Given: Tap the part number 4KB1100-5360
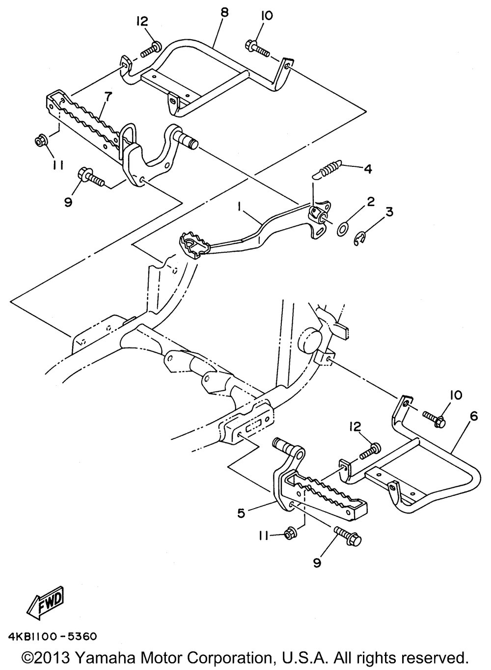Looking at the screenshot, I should [52, 637].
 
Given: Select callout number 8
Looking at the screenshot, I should [224, 13].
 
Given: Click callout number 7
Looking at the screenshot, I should [108, 98].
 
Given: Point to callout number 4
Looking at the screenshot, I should [367, 169].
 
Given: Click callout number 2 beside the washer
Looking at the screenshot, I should [371, 201].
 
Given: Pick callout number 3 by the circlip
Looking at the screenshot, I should [389, 212].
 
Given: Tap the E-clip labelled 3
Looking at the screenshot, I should [360, 239].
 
